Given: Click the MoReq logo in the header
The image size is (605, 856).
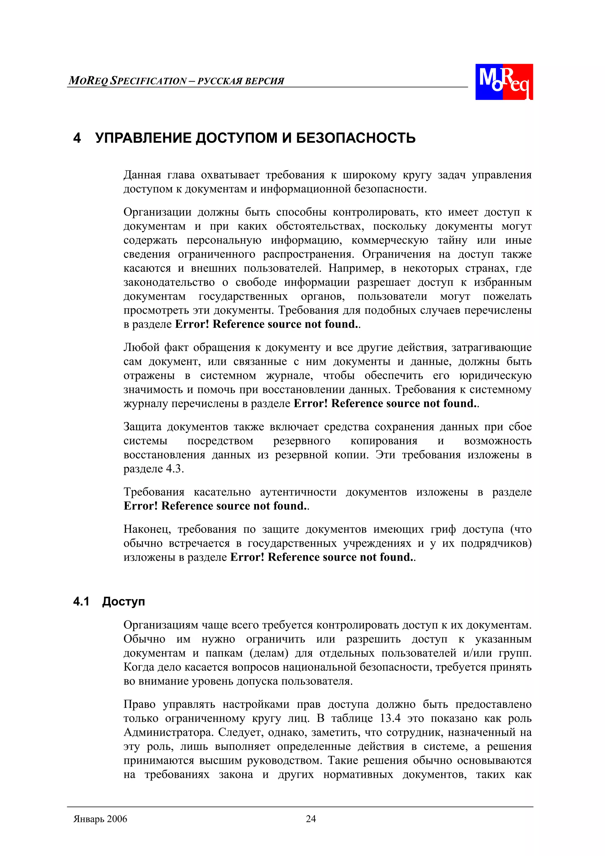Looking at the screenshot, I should [x=504, y=82].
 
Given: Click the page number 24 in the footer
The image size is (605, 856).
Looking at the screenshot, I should [x=310, y=818].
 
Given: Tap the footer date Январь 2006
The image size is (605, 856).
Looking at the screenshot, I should [x=100, y=819].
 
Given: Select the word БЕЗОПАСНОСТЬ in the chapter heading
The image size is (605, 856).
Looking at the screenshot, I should [x=356, y=138].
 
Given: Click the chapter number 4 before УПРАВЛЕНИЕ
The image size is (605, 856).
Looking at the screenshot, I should [x=77, y=138].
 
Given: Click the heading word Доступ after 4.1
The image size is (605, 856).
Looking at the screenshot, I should [x=123, y=601].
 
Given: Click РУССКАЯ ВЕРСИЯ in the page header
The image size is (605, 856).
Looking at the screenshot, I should [x=240, y=81].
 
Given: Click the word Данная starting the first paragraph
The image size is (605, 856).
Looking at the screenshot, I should [x=142, y=175].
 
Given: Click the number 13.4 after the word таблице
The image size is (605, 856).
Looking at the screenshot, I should [x=390, y=718].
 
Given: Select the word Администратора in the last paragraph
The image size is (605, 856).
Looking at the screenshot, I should [x=168, y=732].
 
